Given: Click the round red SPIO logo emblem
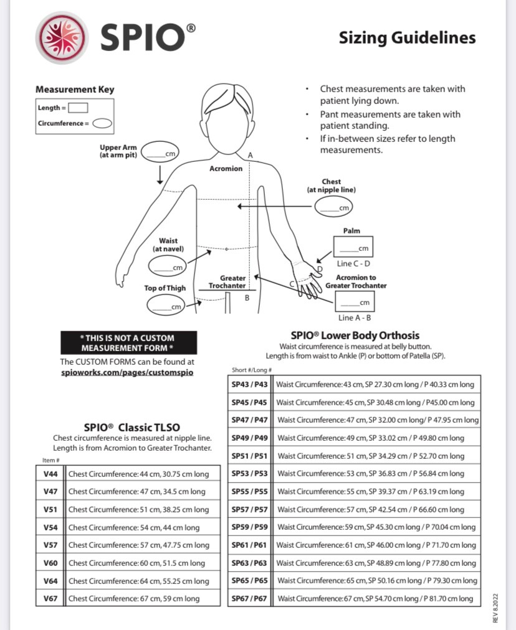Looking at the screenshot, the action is click(x=62, y=37).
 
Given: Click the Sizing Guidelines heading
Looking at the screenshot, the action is click(x=407, y=38).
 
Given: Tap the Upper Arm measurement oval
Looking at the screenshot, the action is click(x=160, y=152).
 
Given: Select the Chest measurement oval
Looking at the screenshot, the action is click(x=334, y=207).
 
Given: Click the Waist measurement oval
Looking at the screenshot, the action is click(x=168, y=266).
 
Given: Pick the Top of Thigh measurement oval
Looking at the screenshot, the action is click(x=166, y=305).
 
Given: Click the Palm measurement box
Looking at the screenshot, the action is click(x=353, y=247).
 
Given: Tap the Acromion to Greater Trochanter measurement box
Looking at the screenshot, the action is click(x=355, y=301).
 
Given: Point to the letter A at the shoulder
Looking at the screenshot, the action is click(x=250, y=155).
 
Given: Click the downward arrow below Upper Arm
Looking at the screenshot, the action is click(x=160, y=175).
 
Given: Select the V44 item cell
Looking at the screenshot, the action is click(x=50, y=474).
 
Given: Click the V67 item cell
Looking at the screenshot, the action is click(x=50, y=598).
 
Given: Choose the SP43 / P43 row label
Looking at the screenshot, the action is click(x=249, y=385).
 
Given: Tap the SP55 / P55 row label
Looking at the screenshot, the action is click(x=249, y=491).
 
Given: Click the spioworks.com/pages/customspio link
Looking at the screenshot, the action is click(x=127, y=372).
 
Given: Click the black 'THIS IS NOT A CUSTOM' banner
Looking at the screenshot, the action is click(x=129, y=343).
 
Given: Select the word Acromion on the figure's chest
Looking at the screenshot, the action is click(x=226, y=169).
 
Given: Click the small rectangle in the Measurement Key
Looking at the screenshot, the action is click(x=78, y=108).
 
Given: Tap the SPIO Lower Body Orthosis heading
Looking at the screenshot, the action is click(x=355, y=336).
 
